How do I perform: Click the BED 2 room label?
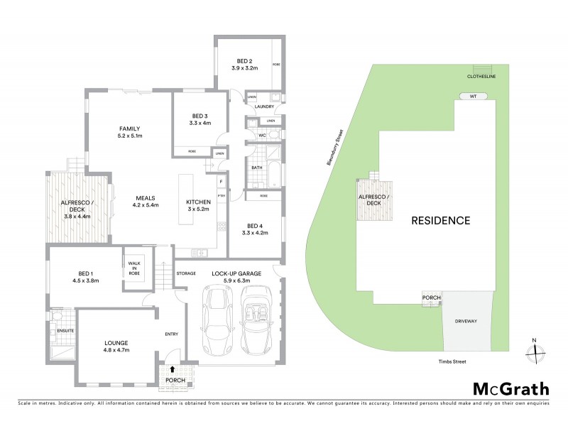click(x=244, y=60)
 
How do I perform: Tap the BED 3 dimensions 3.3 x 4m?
click(x=200, y=124)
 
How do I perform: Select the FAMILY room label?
click(x=130, y=128)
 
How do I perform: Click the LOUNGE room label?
click(x=115, y=342)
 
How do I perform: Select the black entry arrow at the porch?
click(x=171, y=369)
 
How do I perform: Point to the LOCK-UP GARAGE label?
click(x=236, y=273)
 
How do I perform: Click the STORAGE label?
click(x=187, y=273)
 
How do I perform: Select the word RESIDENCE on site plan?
click(x=441, y=220)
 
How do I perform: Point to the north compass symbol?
click(x=534, y=350)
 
